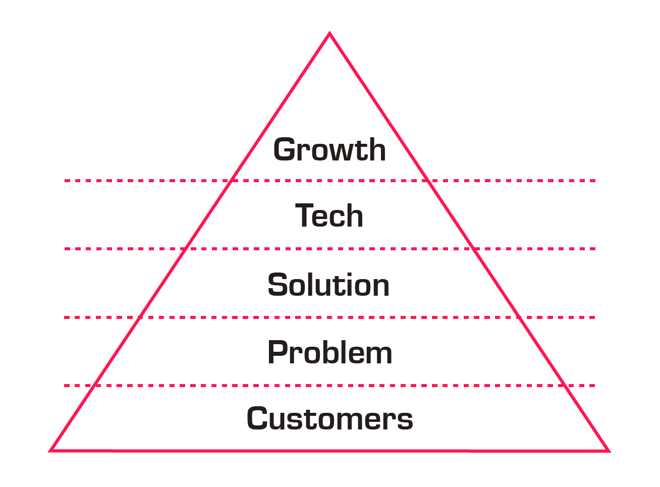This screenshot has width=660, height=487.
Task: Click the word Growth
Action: pyautogui.click(x=329, y=150)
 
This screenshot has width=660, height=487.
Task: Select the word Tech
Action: pyautogui.click(x=329, y=216)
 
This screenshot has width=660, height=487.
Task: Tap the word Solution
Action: pyautogui.click(x=328, y=285)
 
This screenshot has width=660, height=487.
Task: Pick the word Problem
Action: pyautogui.click(x=329, y=352)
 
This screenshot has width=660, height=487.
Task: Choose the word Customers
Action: pyautogui.click(x=329, y=419)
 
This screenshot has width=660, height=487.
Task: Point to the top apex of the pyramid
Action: pyautogui.click(x=329, y=34)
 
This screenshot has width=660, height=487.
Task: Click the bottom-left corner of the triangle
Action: pyautogui.click(x=51, y=450)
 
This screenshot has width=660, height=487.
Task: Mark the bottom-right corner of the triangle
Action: pyautogui.click(x=608, y=451)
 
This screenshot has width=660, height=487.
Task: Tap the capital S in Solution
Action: pyautogui.click(x=279, y=285)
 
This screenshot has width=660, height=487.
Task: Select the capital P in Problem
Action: pyautogui.click(x=279, y=352)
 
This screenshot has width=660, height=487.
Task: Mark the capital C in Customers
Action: pyautogui.click(x=259, y=419)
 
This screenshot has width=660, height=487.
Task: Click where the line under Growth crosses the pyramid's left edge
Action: pyautogui.click(x=232, y=180)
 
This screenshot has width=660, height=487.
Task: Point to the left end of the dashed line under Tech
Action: pyautogui.click(x=66, y=248)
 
